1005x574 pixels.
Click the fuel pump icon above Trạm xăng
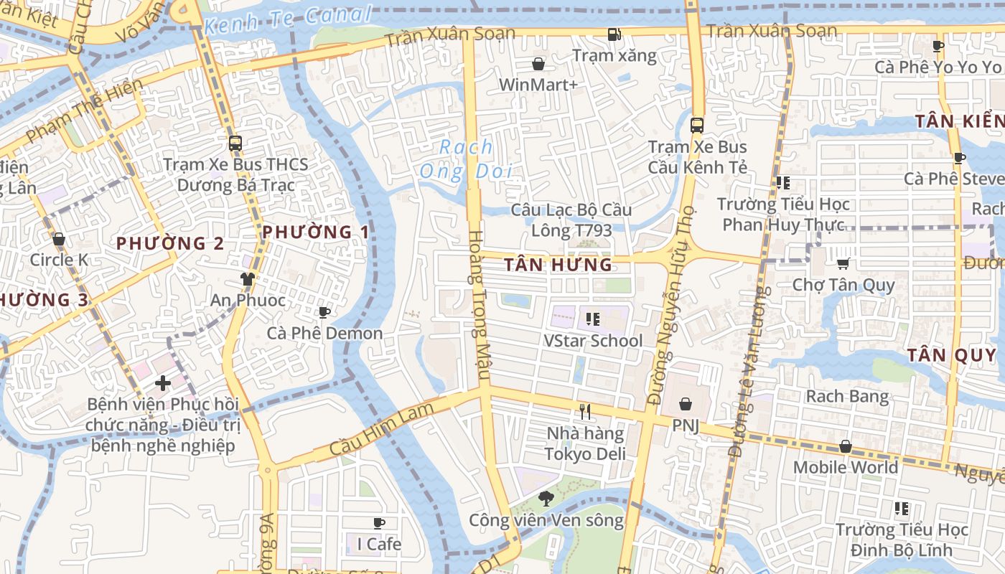(614, 34)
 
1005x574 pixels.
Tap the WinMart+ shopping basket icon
(538, 64)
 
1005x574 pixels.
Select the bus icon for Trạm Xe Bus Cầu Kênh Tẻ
(696, 125)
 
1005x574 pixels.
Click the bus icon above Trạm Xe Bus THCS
(235, 143)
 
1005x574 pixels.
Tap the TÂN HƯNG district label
(558, 265)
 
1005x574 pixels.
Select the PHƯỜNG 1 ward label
(316, 232)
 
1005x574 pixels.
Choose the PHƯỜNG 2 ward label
(170, 243)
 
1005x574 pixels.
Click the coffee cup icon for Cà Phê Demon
(324, 312)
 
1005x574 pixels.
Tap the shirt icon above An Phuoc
(247, 279)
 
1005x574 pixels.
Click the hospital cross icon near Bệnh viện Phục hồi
(163, 383)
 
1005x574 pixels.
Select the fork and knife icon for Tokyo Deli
(585, 412)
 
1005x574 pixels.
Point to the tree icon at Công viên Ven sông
(546, 498)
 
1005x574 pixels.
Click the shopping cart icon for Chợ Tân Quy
(843, 263)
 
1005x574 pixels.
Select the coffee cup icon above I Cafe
(379, 523)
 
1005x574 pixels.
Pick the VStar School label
(593, 340)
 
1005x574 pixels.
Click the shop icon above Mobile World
(846, 446)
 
